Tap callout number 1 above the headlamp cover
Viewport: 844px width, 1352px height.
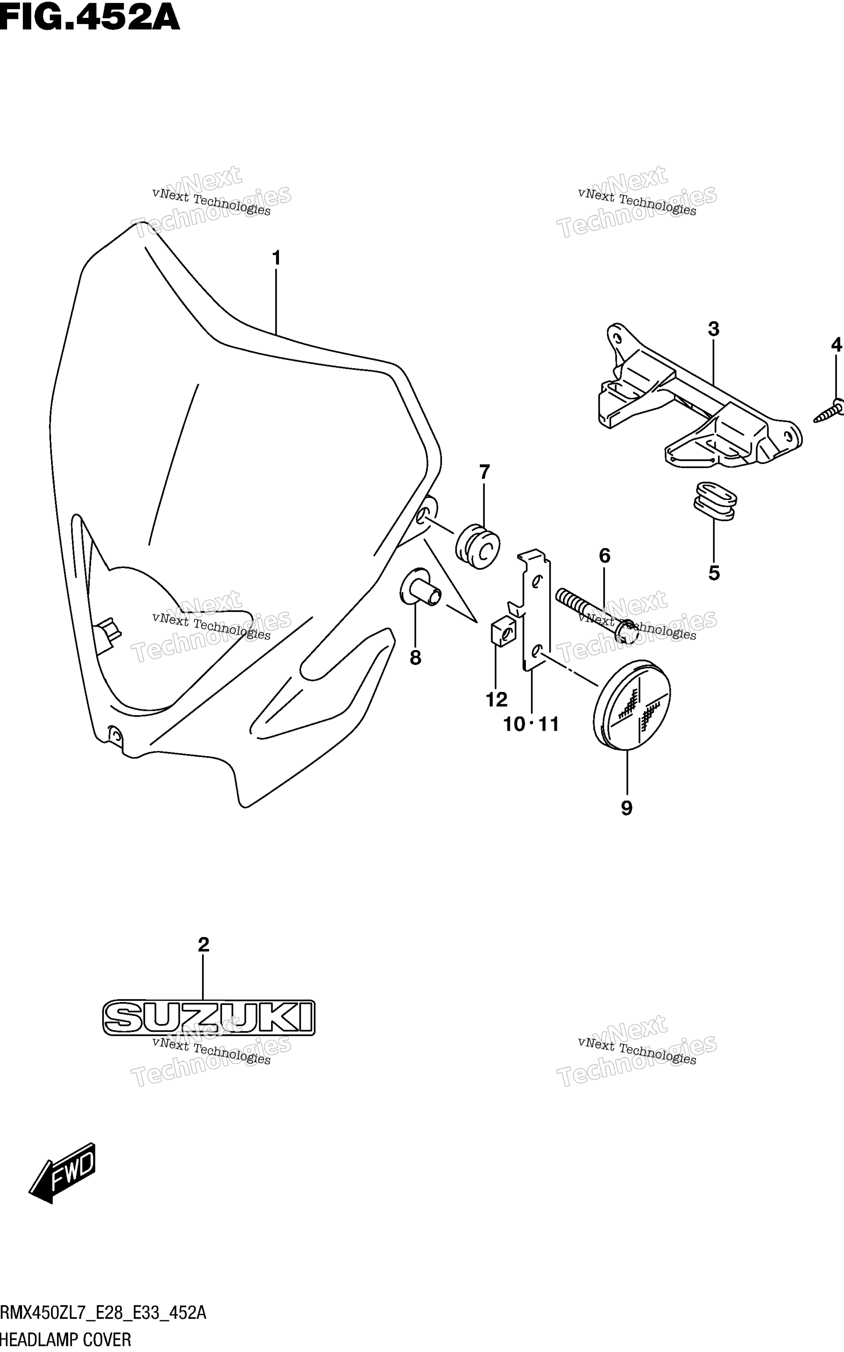276,258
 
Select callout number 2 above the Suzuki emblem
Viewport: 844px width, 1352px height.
203,945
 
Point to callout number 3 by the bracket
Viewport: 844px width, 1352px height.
713,329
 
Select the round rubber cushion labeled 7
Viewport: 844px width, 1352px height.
477,545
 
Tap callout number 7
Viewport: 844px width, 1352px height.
484,472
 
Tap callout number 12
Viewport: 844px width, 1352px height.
496,699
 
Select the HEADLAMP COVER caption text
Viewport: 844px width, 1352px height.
66,1340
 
